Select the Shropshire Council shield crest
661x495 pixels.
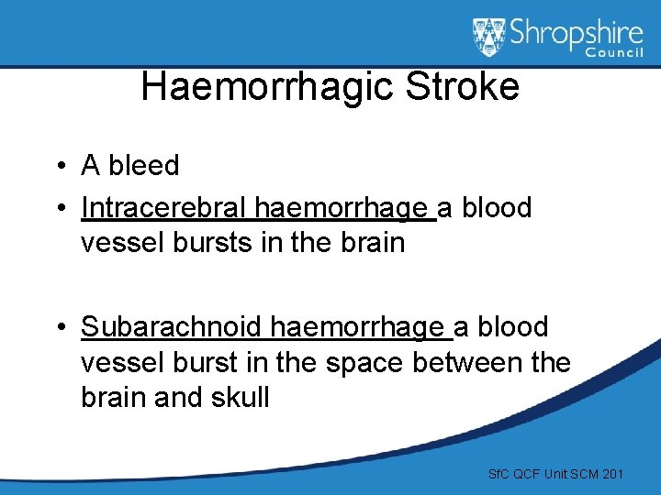[x=489, y=37]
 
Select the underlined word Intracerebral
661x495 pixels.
[x=165, y=208]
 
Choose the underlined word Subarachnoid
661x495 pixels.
[x=174, y=326]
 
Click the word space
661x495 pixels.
[x=360, y=363]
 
